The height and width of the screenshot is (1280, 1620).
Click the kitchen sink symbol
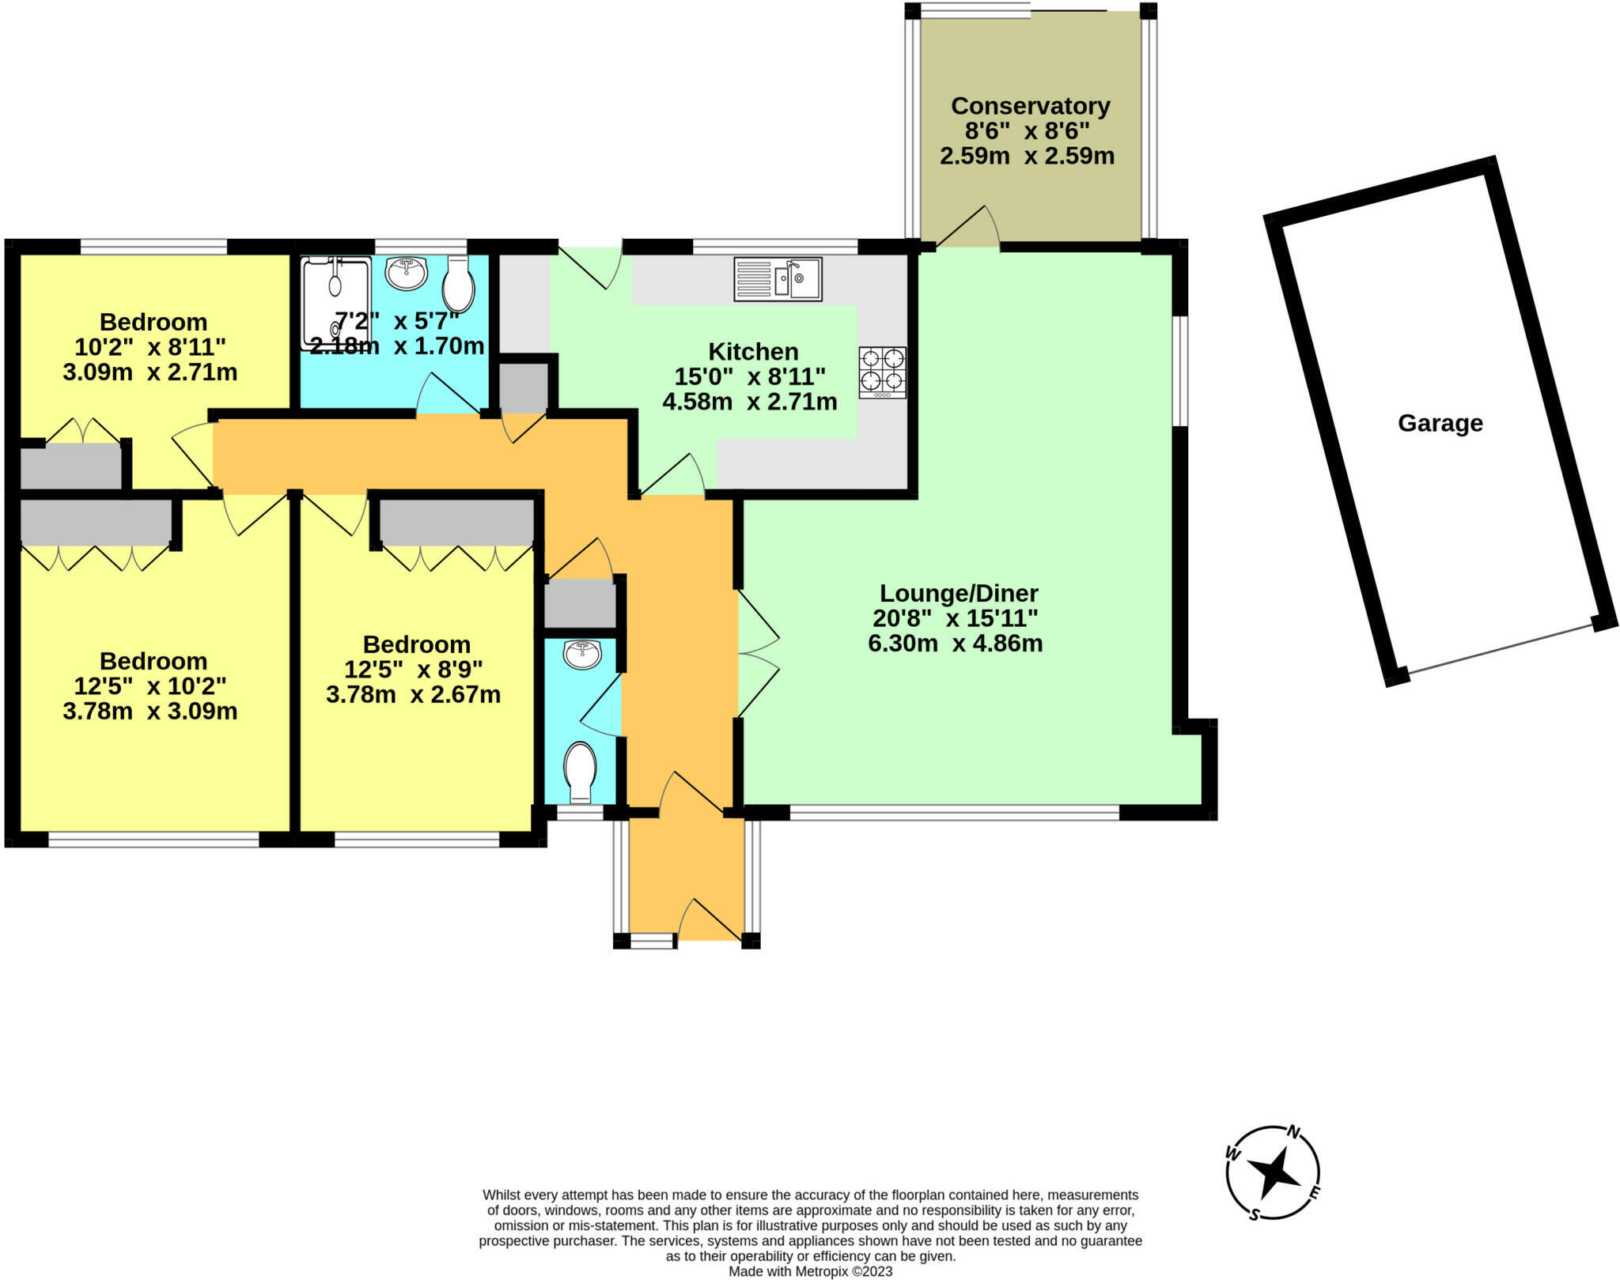coord(778,279)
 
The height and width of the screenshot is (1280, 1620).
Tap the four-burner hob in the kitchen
coord(883,372)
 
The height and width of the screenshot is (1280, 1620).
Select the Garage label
coord(1440,424)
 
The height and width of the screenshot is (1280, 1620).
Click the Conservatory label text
coord(1030,106)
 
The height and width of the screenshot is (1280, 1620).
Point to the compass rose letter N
coord(1294,1132)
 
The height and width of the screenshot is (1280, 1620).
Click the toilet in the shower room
coord(459,285)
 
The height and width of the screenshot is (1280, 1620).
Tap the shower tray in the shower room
coord(335,302)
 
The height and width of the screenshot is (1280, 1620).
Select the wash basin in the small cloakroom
coord(582,655)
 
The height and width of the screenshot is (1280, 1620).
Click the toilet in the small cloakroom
coord(580,769)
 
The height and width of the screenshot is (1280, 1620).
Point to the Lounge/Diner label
coord(959,593)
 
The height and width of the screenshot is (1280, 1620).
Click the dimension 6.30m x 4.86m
coord(955,644)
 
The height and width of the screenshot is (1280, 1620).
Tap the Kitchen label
coord(753,352)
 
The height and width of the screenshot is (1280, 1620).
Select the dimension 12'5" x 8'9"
coord(413,670)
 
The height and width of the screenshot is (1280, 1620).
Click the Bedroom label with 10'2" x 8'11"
coord(153,323)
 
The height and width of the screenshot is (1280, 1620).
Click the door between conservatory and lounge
coord(967,229)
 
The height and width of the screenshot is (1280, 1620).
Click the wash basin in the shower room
coord(407,273)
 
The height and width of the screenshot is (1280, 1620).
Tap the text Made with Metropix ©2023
coord(810,1271)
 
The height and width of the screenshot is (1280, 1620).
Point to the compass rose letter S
coord(1254,1215)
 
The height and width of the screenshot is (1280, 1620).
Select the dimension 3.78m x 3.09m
coord(150,712)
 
